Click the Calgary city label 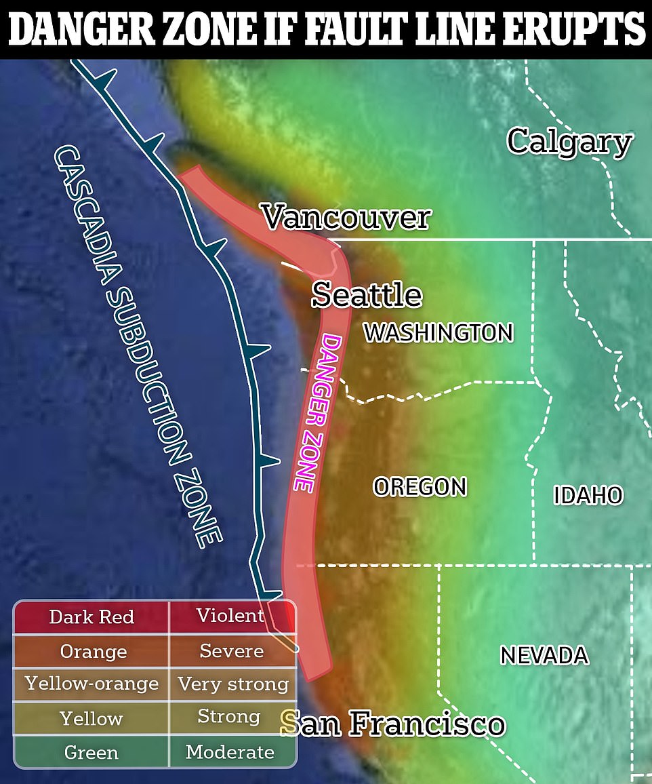(569, 142)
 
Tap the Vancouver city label (346, 218)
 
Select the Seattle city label (367, 295)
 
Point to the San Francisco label (393, 724)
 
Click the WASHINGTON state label (439, 332)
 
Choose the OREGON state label (420, 486)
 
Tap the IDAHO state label (588, 495)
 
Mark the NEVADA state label (544, 655)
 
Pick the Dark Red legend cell (91, 617)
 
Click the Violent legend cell (230, 616)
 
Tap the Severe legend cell (231, 651)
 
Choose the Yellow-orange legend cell (91, 684)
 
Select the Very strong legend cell (232, 684)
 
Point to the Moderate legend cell (230, 751)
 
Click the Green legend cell (91, 752)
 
